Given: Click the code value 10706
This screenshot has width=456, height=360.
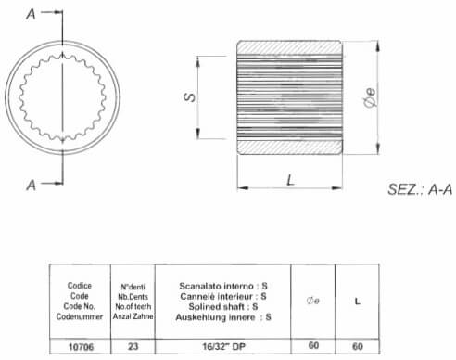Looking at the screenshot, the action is [81, 347].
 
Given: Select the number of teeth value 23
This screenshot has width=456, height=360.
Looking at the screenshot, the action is [133, 346].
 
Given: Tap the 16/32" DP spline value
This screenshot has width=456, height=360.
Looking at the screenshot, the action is [223, 346].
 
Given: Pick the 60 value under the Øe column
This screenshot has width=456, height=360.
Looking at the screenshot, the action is [313, 345].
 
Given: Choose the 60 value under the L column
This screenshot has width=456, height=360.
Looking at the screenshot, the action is [358, 346].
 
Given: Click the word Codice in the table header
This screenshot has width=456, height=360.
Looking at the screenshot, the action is [80, 286].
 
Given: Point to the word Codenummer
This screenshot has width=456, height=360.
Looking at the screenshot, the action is [80, 316].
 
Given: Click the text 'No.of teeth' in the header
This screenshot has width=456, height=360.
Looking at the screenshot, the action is [133, 306].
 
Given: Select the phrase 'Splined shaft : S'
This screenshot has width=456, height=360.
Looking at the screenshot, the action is [223, 307].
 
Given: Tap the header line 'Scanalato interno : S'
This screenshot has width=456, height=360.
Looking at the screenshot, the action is [223, 286].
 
